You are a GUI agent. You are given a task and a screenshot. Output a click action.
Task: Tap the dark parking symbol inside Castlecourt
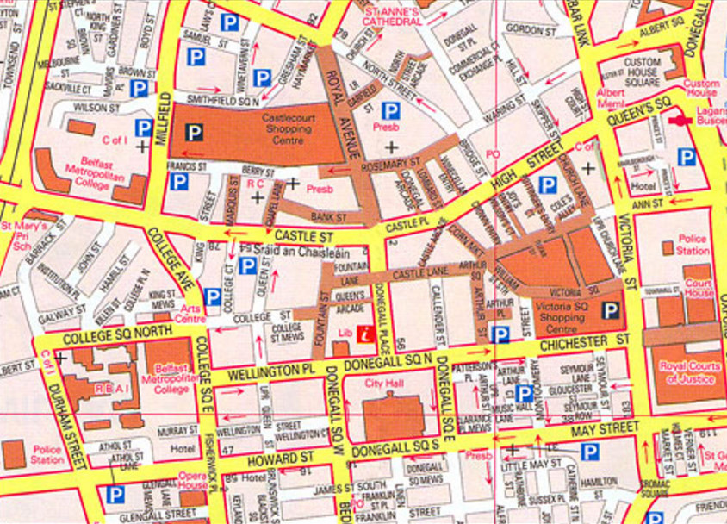[195, 132]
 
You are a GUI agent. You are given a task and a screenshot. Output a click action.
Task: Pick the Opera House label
[192, 480]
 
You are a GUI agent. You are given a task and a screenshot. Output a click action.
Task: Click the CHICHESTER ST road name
[582, 346]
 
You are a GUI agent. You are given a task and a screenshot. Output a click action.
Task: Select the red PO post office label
[493, 153]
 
